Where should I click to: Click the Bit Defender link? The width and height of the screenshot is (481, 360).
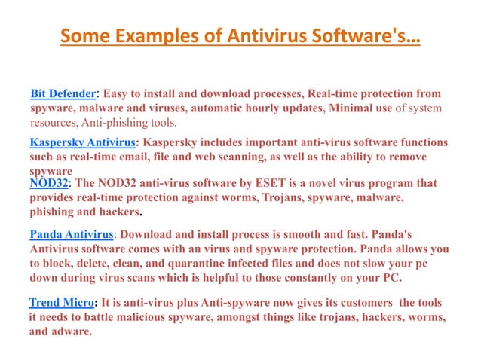point(63,93)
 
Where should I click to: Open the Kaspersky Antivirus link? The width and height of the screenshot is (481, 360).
point(83,142)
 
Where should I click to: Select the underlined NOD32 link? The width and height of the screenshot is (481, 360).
point(49,183)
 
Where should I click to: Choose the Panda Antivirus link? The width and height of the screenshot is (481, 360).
point(70,234)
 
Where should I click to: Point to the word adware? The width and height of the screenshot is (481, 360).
point(72,331)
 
